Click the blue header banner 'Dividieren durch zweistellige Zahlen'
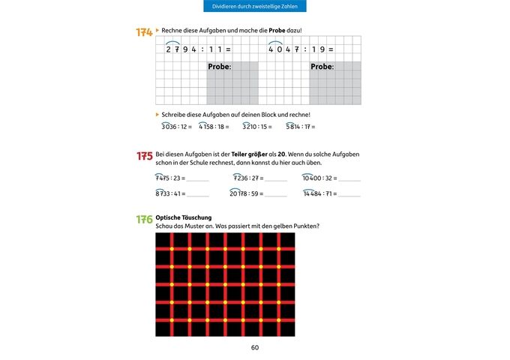click(x=254, y=7)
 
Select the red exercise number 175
click(x=144, y=157)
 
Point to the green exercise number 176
click(x=144, y=220)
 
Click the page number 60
click(x=255, y=347)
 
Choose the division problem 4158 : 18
click(x=217, y=127)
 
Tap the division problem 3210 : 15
click(x=259, y=127)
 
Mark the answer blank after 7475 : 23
click(x=198, y=180)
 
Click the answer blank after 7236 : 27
click(x=275, y=180)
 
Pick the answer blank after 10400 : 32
click(x=349, y=180)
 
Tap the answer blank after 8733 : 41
click(x=198, y=195)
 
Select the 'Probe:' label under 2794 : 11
click(x=220, y=67)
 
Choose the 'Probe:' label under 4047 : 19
click(x=322, y=67)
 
